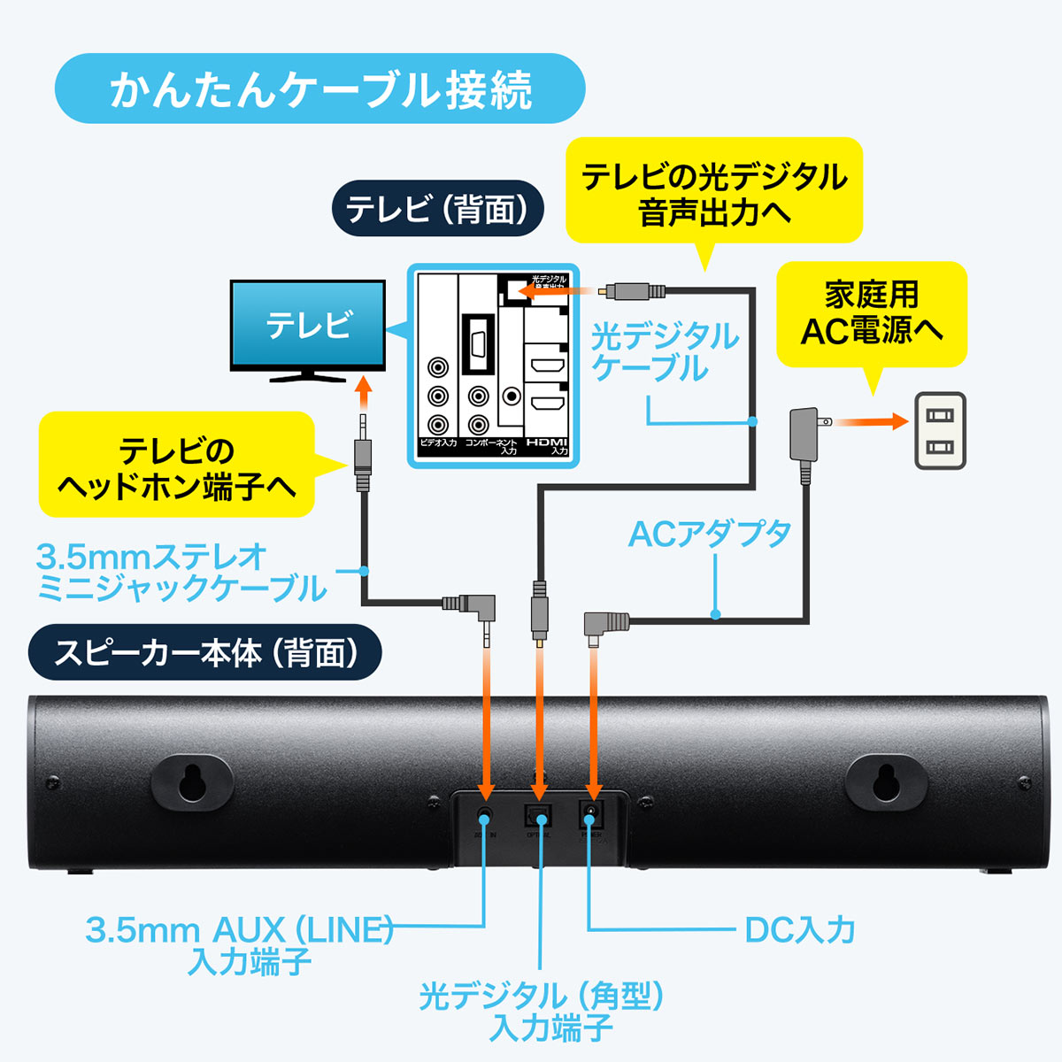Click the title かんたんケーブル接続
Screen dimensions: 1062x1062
[x=320, y=88]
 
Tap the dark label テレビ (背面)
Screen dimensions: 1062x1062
[x=437, y=209]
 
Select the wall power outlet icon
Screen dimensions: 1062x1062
[x=939, y=430]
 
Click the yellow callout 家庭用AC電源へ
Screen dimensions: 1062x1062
[x=871, y=313]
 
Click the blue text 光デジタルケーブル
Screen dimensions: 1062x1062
[x=664, y=351]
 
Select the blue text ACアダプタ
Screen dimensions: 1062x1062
[x=710, y=534]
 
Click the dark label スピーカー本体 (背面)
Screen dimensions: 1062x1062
[x=205, y=653]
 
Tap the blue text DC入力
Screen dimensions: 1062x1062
[x=800, y=930]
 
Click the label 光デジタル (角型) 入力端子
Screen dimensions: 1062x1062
[x=542, y=1012]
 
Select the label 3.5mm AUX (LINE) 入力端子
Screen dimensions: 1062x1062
[x=239, y=944]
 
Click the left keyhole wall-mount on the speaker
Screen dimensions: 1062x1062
[x=191, y=781]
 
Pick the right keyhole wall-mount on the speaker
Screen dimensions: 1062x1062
[x=886, y=781]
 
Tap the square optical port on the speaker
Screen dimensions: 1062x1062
[x=538, y=814]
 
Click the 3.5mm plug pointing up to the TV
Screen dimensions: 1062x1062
[x=363, y=456]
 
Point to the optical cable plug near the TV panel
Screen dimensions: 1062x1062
[x=631, y=290]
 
